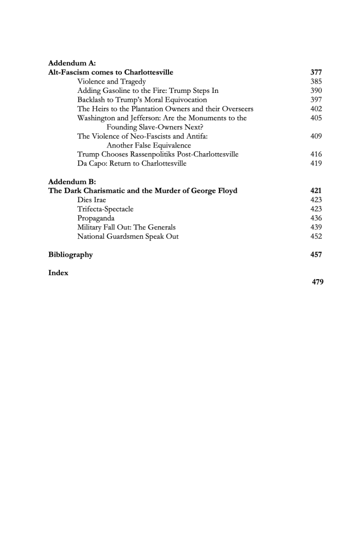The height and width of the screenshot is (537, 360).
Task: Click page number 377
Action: [x=316, y=72]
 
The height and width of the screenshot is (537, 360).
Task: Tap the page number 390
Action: [x=316, y=90]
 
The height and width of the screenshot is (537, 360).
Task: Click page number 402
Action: [x=316, y=109]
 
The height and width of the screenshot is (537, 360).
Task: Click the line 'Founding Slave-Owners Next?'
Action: [x=155, y=127]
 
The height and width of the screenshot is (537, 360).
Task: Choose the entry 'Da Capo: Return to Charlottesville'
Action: [x=132, y=163]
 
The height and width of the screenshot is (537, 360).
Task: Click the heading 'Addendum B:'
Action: [x=70, y=182]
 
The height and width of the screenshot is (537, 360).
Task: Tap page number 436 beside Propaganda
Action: [x=316, y=218]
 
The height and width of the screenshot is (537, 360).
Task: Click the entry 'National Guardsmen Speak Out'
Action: [x=128, y=236]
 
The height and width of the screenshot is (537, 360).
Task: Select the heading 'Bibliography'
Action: [x=70, y=255]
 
